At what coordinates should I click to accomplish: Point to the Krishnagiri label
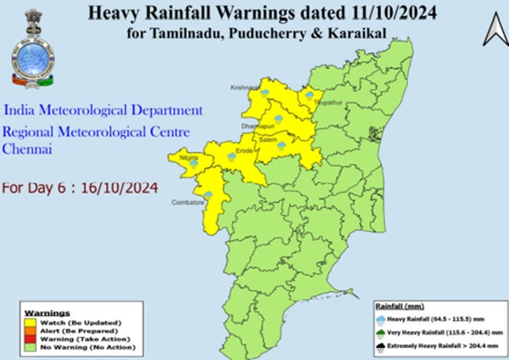(245, 87)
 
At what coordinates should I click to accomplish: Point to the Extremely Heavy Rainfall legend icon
(383, 347)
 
